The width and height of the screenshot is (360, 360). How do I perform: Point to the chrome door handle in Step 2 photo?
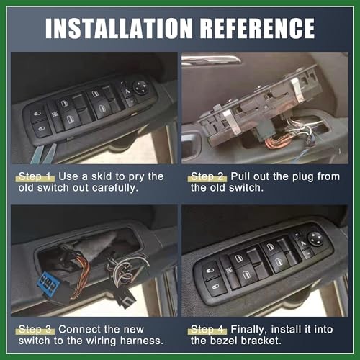(x=216, y=60)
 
